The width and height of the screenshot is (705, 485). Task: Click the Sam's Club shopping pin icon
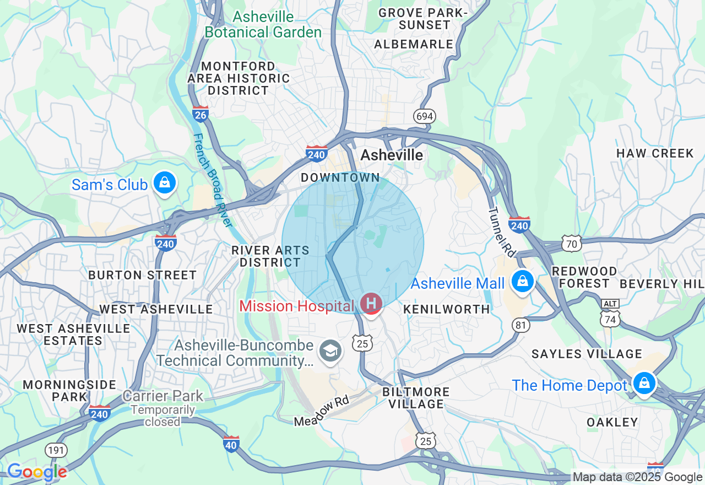164,183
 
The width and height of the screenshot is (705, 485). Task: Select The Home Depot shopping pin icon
643,383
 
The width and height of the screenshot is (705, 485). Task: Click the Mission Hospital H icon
371,303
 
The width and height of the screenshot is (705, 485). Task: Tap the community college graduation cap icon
330,351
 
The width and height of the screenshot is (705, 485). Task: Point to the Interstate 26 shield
200,114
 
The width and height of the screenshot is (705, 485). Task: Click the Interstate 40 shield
231,444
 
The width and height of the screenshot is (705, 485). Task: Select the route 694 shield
425,116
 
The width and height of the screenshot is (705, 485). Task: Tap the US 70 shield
572,242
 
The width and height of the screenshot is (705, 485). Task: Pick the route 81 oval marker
521,325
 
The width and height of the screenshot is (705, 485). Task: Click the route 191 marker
56,450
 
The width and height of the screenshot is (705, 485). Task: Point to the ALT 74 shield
610,315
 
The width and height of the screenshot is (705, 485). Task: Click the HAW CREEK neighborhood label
655,153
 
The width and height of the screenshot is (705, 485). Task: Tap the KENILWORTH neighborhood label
447,309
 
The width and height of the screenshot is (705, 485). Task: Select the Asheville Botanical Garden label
263,24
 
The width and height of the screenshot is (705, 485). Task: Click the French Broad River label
213,180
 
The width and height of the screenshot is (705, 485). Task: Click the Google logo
37,472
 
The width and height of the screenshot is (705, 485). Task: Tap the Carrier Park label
162,396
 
